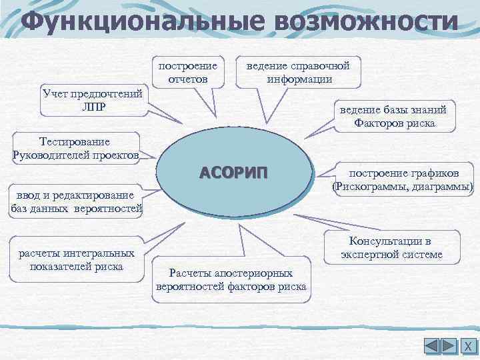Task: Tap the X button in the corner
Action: (x=467, y=347)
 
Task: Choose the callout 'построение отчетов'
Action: (x=187, y=73)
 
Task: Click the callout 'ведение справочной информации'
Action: (x=298, y=73)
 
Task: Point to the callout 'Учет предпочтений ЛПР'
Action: (x=92, y=100)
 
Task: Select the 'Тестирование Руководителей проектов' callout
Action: (x=75, y=149)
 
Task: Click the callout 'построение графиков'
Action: (x=404, y=180)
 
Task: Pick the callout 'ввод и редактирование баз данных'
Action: (x=77, y=202)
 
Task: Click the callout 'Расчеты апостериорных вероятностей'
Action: (x=231, y=280)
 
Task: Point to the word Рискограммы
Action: (x=369, y=187)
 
